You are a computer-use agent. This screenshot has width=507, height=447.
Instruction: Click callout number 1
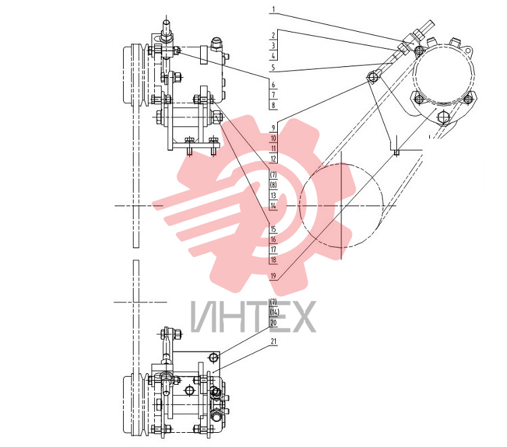click(x=273, y=9)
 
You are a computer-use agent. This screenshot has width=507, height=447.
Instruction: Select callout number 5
click(x=273, y=67)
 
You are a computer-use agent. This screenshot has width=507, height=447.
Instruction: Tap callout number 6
click(x=273, y=85)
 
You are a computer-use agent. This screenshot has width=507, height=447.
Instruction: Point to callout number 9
click(x=273, y=128)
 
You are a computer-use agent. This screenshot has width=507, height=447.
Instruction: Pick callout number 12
click(x=274, y=158)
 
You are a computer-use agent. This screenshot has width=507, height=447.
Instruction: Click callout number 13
click(x=274, y=195)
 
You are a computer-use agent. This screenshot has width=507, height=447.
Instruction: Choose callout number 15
click(x=274, y=229)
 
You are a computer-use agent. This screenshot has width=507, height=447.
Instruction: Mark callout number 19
click(x=274, y=276)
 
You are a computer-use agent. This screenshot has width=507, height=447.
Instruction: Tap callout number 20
click(x=274, y=323)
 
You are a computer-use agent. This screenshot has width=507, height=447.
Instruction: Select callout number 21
click(x=274, y=342)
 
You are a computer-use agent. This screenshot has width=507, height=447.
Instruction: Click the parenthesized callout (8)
click(x=274, y=185)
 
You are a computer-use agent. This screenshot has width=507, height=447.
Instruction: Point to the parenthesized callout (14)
click(x=274, y=312)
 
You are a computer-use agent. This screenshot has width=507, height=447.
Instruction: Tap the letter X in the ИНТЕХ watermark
click(x=302, y=316)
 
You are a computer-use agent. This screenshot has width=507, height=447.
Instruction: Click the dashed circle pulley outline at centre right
click(x=299, y=206)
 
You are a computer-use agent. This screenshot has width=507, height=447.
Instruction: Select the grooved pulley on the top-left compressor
click(x=135, y=74)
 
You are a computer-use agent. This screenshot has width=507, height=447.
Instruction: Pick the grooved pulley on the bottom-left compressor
click(x=135, y=404)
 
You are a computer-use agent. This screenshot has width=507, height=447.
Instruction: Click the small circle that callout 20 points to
click(x=214, y=357)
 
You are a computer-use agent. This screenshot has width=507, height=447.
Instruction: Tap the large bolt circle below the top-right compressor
click(x=443, y=117)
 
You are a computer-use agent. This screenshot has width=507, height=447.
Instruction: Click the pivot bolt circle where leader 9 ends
click(x=372, y=76)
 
